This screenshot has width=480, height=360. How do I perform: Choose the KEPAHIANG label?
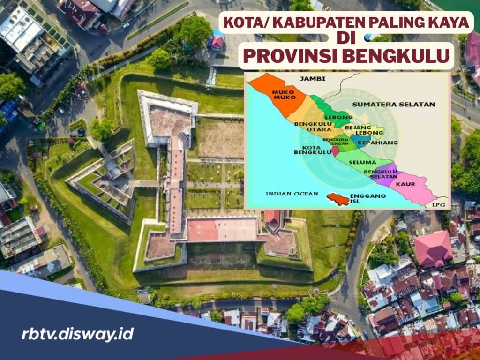pyautogui.click(x=377, y=142)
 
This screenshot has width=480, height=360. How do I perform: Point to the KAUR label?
pyautogui.click(x=405, y=184)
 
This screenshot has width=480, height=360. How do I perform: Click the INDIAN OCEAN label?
pyautogui.click(x=292, y=193)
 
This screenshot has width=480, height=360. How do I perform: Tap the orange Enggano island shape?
pyautogui.click(x=338, y=199)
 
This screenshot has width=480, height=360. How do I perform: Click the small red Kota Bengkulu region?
pyautogui.click(x=335, y=151)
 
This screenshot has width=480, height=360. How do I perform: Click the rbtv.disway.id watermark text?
pyautogui.click(x=77, y=334)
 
